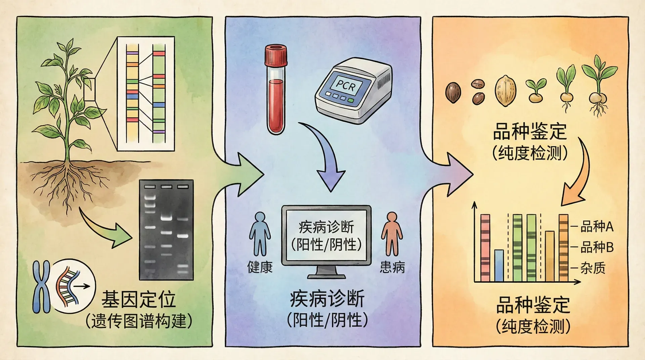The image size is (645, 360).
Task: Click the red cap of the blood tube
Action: (276, 56)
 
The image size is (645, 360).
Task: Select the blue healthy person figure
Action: (260, 233)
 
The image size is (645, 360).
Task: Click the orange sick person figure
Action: (392, 233)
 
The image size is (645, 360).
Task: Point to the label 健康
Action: (260, 267)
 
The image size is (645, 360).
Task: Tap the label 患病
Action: (392, 267)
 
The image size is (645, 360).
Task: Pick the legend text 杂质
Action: (593, 268)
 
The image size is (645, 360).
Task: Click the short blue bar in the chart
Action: (499, 265)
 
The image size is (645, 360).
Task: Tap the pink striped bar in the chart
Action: (485, 248)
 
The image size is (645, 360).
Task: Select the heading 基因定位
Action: (138, 300)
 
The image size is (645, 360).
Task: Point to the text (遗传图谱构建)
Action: (138, 321)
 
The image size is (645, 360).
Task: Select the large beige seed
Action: (505, 91)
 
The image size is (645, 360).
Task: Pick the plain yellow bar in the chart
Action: (550, 256)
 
